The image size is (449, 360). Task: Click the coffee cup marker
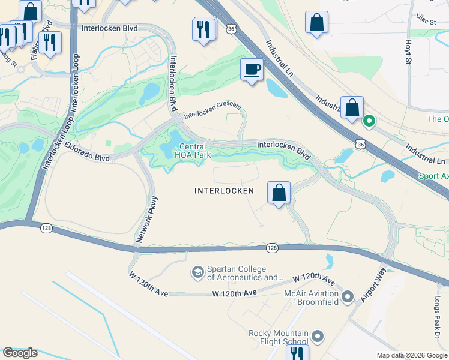(252, 70)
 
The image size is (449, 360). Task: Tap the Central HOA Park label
(193, 151)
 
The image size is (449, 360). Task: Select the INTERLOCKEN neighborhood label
(224, 191)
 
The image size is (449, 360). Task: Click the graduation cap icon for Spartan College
(197, 273)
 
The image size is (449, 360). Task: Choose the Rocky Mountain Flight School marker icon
(319, 337)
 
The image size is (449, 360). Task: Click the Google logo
(20, 353)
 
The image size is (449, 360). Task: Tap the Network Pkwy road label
(147, 220)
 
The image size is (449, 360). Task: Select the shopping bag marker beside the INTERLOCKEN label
(279, 193)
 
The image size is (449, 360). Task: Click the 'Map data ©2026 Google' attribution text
(412, 355)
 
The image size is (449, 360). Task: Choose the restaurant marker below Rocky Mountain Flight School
(297, 353)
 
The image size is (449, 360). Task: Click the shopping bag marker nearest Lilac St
(316, 23)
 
